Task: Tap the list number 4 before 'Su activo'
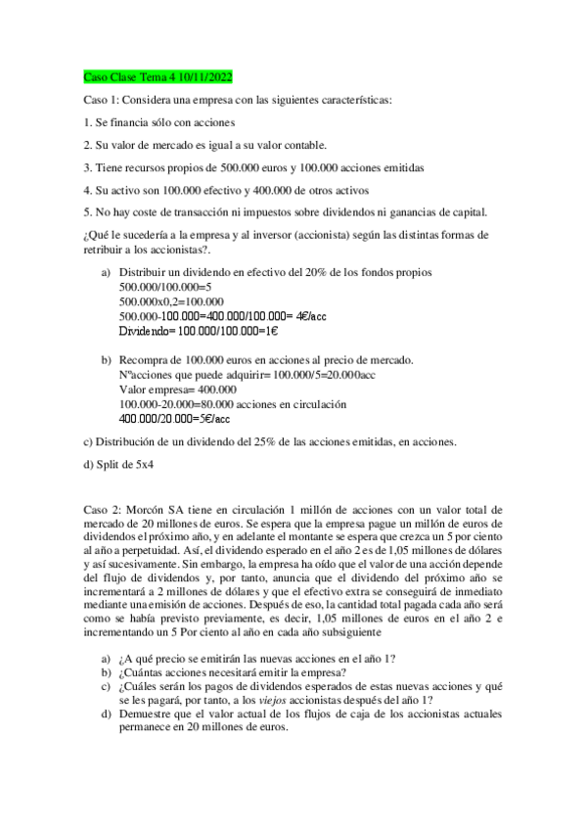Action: click(x=87, y=190)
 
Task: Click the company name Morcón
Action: click(x=148, y=510)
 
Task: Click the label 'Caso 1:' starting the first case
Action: click(x=100, y=100)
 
